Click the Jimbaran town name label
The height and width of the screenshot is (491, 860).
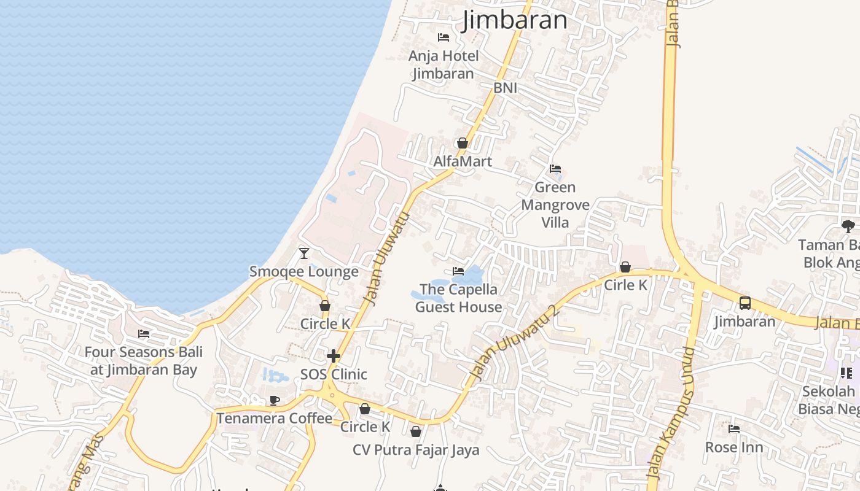coord(515,20)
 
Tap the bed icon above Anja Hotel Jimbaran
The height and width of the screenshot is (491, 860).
coord(444,37)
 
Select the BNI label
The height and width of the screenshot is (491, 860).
coord(505,88)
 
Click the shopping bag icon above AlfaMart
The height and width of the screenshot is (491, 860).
coord(463,143)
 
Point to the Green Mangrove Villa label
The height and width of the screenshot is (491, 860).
coord(555,204)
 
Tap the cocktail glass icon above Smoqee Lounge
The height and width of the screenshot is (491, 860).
coord(303,253)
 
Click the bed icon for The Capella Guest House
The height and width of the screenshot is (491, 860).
coord(458,271)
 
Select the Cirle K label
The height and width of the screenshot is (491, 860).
coord(625,285)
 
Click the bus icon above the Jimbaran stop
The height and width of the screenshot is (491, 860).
coord(745,303)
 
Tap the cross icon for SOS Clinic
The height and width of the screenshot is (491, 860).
coord(334,356)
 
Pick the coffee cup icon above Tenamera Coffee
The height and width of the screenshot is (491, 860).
coord(275,401)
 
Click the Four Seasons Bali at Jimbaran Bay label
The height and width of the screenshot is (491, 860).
coord(144,361)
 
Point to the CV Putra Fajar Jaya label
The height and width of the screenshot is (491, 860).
coord(416,450)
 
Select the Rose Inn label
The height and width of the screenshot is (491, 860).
coord(734,447)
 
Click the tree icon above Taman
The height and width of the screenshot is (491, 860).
coord(848,226)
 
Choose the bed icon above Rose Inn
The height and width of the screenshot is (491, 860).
coord(734,429)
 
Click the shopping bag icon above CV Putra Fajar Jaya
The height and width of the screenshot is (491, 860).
coord(416,432)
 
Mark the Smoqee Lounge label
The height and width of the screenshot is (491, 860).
coord(303,271)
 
